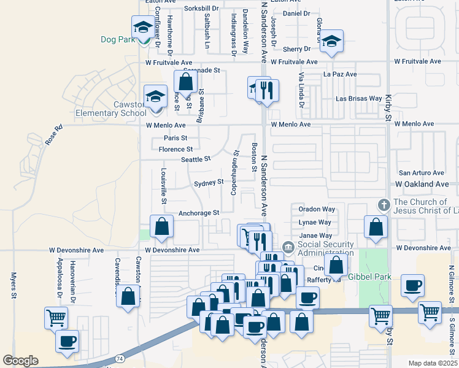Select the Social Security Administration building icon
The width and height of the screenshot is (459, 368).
tap(288, 248)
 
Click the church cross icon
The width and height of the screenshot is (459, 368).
tap(384, 204)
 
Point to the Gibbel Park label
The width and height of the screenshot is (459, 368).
tap(369, 277)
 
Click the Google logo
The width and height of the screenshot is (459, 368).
tap(20, 361)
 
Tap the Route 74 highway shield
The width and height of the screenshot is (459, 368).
tap(118, 358)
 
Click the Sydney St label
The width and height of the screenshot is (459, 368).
tap(209, 183)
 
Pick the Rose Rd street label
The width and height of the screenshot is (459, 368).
tap(54, 136)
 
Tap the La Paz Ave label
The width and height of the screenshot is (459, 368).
tap(340, 74)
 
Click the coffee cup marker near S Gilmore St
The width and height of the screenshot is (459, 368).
tap(412, 285)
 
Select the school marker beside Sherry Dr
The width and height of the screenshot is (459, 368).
tap(332, 42)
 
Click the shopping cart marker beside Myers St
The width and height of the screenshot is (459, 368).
tap(56, 318)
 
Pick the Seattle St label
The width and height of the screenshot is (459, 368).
tap(196, 159)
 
